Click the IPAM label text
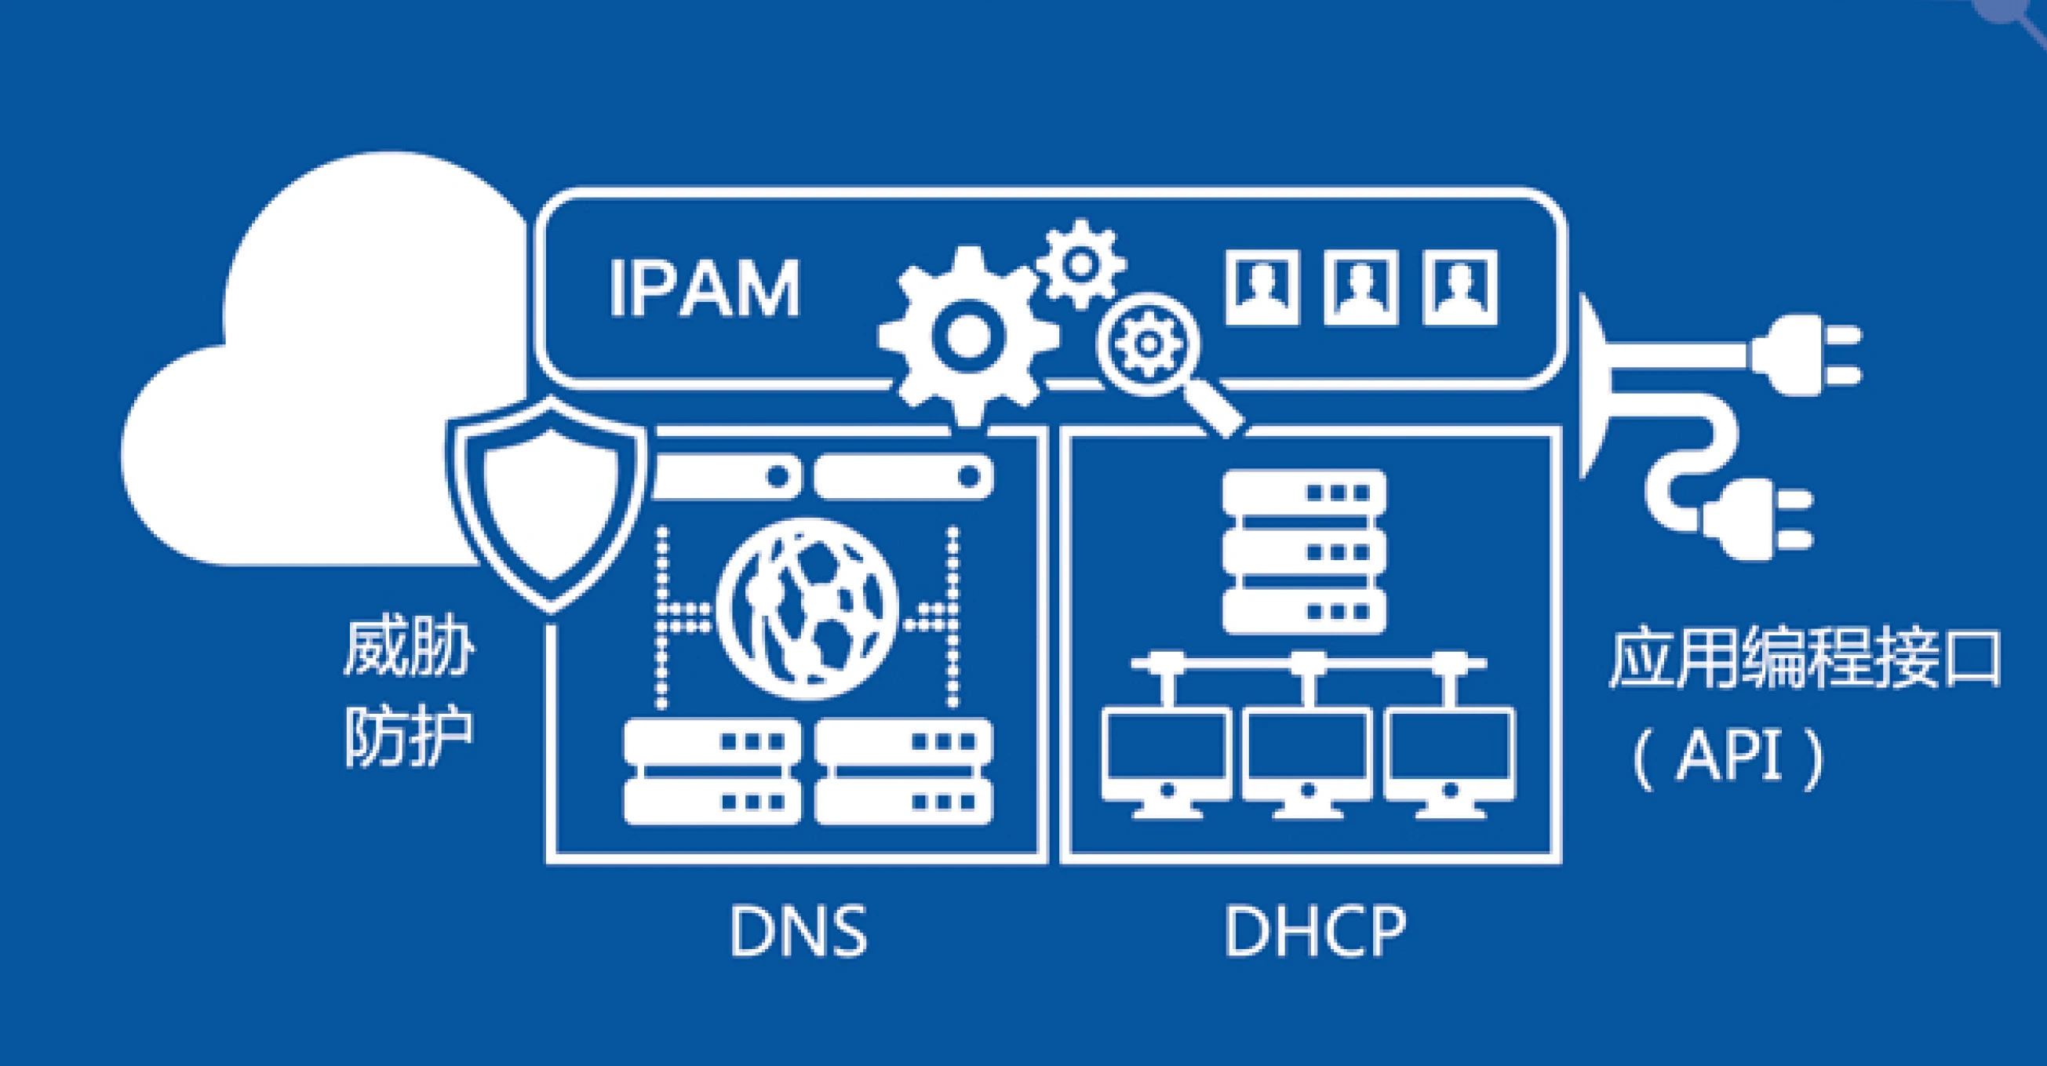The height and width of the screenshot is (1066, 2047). tap(704, 289)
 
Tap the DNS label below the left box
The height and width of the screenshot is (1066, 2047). tap(798, 932)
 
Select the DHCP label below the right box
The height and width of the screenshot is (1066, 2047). tap(1315, 932)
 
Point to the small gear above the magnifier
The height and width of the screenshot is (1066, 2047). tap(1080, 264)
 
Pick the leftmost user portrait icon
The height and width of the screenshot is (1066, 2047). tap(1262, 288)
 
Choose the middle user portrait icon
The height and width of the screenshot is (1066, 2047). tap(1360, 288)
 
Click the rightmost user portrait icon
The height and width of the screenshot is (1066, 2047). tap(1460, 288)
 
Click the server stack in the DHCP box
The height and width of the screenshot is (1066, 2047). tap(1304, 552)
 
